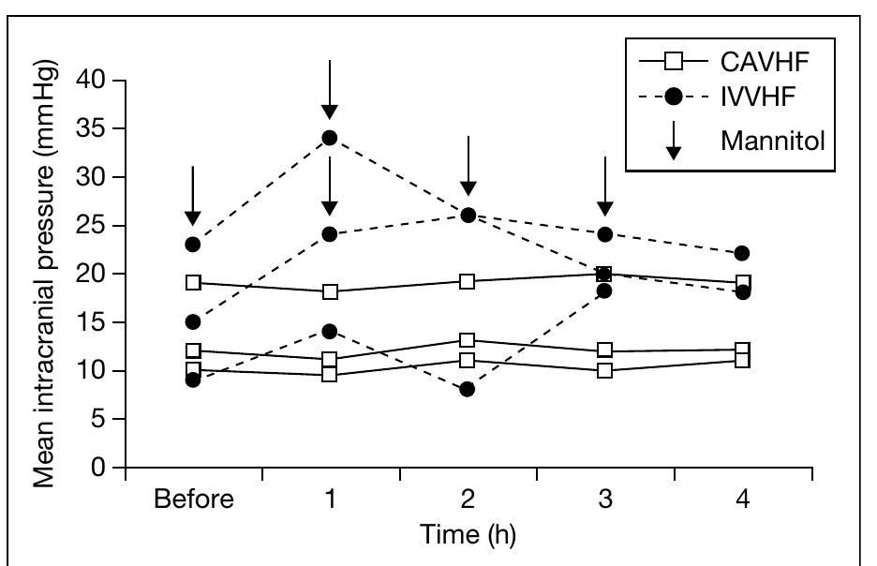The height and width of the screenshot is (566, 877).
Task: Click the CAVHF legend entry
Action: click(722, 65)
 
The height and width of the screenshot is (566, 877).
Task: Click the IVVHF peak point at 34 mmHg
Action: click(330, 138)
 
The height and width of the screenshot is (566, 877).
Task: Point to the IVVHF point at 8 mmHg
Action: click(468, 389)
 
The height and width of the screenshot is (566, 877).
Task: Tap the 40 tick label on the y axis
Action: click(96, 80)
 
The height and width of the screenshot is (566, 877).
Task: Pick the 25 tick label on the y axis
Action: click(96, 226)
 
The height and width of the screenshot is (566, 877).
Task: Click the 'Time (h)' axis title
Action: click(468, 535)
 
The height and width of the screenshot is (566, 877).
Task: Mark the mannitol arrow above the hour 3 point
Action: click(605, 186)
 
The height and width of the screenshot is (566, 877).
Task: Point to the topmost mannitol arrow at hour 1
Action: click(330, 89)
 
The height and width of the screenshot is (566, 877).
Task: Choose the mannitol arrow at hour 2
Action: click(468, 165)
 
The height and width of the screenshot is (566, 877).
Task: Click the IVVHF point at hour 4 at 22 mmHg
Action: click(742, 253)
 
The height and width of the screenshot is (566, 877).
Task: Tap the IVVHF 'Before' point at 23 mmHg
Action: click(192, 245)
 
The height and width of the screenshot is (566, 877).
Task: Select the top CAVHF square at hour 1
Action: click(330, 291)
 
